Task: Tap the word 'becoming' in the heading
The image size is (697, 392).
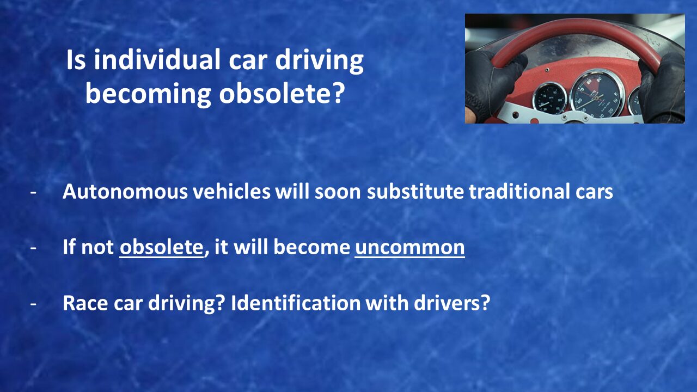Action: click(148, 95)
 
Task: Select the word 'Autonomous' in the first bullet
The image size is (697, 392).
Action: click(125, 191)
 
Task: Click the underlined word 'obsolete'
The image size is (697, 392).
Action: click(161, 247)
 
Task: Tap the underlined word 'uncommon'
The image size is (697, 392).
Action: click(409, 248)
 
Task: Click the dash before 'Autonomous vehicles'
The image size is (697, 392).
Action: click(33, 192)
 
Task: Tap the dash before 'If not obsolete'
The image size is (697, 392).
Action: click(33, 248)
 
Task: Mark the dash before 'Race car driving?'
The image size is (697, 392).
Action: click(33, 304)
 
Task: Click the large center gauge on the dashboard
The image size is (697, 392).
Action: click(597, 93)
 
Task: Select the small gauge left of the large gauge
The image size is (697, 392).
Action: click(550, 99)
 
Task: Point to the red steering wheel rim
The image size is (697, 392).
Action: click(576, 29)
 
